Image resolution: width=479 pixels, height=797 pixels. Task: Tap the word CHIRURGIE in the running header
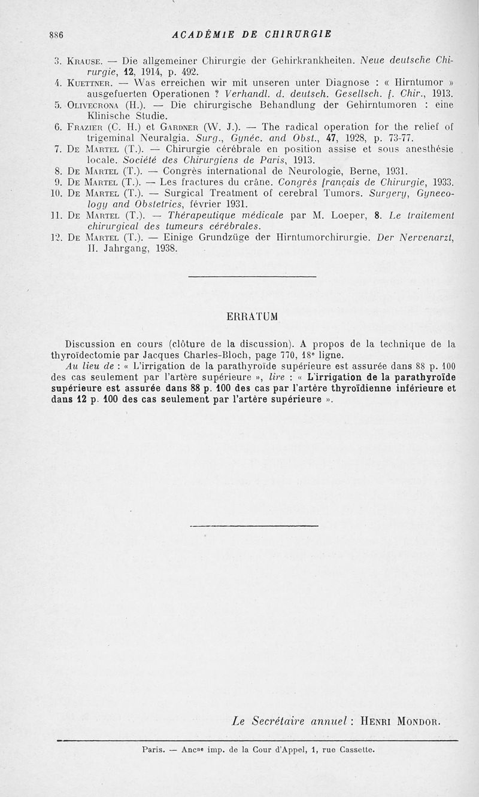click(x=294, y=33)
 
